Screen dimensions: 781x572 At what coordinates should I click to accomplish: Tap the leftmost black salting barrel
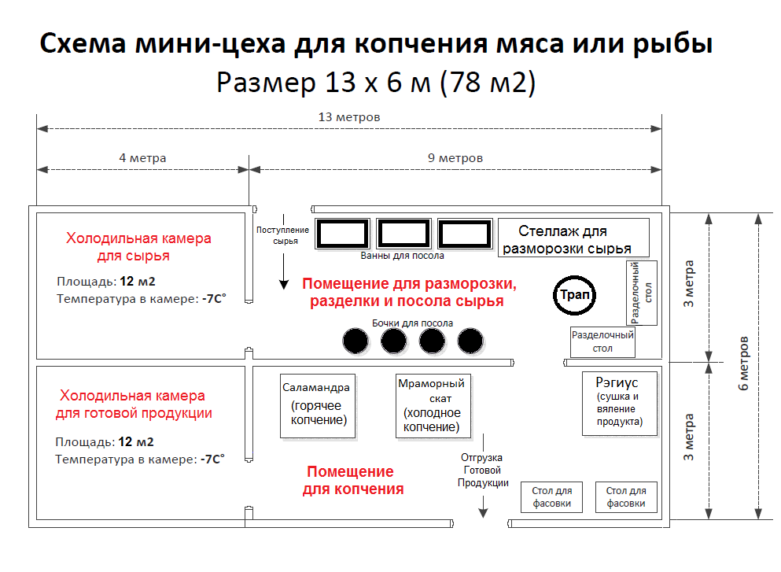pos(356,341)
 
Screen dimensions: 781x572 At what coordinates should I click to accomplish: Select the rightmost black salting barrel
pos(470,341)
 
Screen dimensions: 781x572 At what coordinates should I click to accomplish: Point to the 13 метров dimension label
pos(349,117)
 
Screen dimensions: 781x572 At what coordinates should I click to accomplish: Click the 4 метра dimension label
pos(142,158)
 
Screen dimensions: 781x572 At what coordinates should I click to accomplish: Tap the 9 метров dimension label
pos(455,158)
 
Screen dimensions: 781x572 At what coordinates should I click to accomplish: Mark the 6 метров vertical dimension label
pos(743,363)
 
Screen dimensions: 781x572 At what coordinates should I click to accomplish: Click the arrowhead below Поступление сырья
pos(284,285)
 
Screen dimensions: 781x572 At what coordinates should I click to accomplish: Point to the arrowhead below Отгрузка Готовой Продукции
pos(483,513)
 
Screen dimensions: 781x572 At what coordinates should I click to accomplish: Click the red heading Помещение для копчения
pos(353,480)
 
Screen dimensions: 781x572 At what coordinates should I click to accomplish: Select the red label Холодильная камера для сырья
pos(138,246)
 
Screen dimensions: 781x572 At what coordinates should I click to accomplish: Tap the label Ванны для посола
pos(403,256)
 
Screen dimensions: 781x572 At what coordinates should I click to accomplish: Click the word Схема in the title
pos(83,43)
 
